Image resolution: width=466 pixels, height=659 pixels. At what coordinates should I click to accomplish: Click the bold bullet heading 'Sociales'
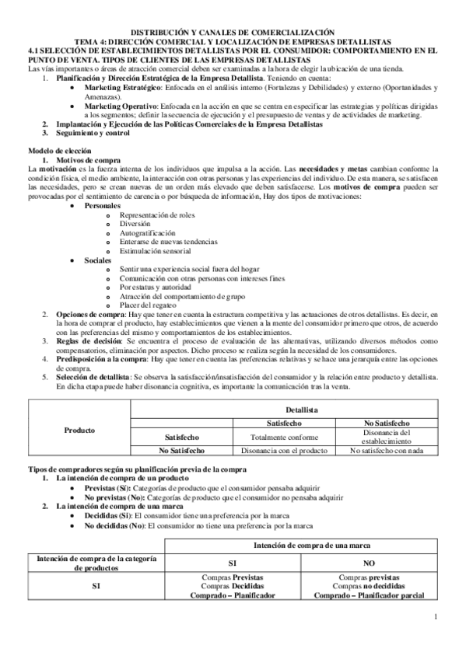98,260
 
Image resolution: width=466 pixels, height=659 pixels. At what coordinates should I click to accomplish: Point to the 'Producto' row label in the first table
79,429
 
